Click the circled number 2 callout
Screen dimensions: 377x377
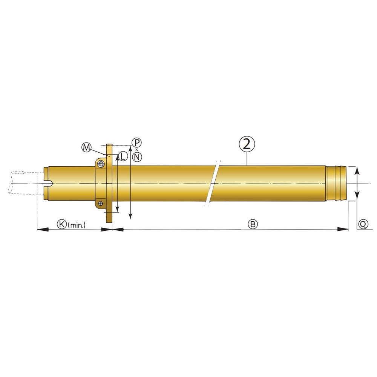[x=247, y=145]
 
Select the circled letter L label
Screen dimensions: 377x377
[x=123, y=155]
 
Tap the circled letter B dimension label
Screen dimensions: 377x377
[x=253, y=224]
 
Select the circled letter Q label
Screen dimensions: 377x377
[x=363, y=224]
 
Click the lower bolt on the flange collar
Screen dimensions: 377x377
[x=101, y=204]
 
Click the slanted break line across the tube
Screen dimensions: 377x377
[x=212, y=184]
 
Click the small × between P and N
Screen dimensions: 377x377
[x=137, y=150]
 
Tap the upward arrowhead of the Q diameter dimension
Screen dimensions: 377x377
[x=357, y=170]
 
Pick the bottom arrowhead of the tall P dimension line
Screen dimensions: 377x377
[x=130, y=215]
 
